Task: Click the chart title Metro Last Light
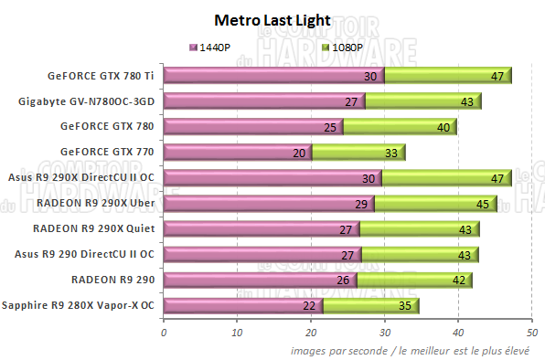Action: pyautogui.click(x=272, y=18)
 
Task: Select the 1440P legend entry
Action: pyautogui.click(x=211, y=47)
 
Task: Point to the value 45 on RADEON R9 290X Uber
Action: pyautogui.click(x=483, y=203)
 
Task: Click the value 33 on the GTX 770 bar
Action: pyautogui.click(x=390, y=152)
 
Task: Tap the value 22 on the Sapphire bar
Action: pyautogui.click(x=308, y=305)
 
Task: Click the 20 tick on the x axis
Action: pyautogui.click(x=311, y=334)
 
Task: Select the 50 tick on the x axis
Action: pyautogui.click(x=531, y=334)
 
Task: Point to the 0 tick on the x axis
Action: pyautogui.click(x=163, y=334)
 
